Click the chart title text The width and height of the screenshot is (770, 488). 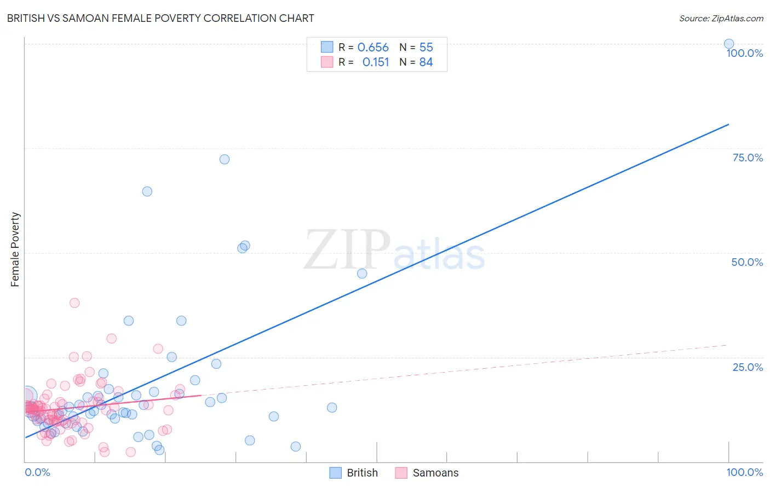coord(160,18)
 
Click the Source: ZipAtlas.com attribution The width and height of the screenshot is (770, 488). coord(721,18)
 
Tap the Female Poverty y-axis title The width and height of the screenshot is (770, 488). coord(15,249)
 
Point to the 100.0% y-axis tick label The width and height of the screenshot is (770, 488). coord(744,53)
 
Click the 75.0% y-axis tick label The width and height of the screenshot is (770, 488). coord(748,158)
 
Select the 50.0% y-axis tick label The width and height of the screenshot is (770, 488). coord(747,262)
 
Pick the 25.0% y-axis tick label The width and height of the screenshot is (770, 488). coord(748,367)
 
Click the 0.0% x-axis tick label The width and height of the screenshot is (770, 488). coord(37,472)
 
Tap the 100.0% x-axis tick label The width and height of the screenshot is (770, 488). coord(744,472)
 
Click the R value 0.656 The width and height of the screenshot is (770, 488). coord(373,48)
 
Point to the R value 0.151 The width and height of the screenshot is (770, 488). coord(376,62)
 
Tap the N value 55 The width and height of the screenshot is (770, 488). coord(426,48)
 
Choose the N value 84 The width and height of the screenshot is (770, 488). coord(426,62)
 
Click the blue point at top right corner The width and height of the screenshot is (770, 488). coord(729,44)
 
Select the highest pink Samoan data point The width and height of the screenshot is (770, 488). coord(74,303)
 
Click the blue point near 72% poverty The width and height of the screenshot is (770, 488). coord(225,159)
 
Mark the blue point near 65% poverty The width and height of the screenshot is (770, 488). coord(147,191)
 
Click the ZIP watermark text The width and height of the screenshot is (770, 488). coord(347,250)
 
